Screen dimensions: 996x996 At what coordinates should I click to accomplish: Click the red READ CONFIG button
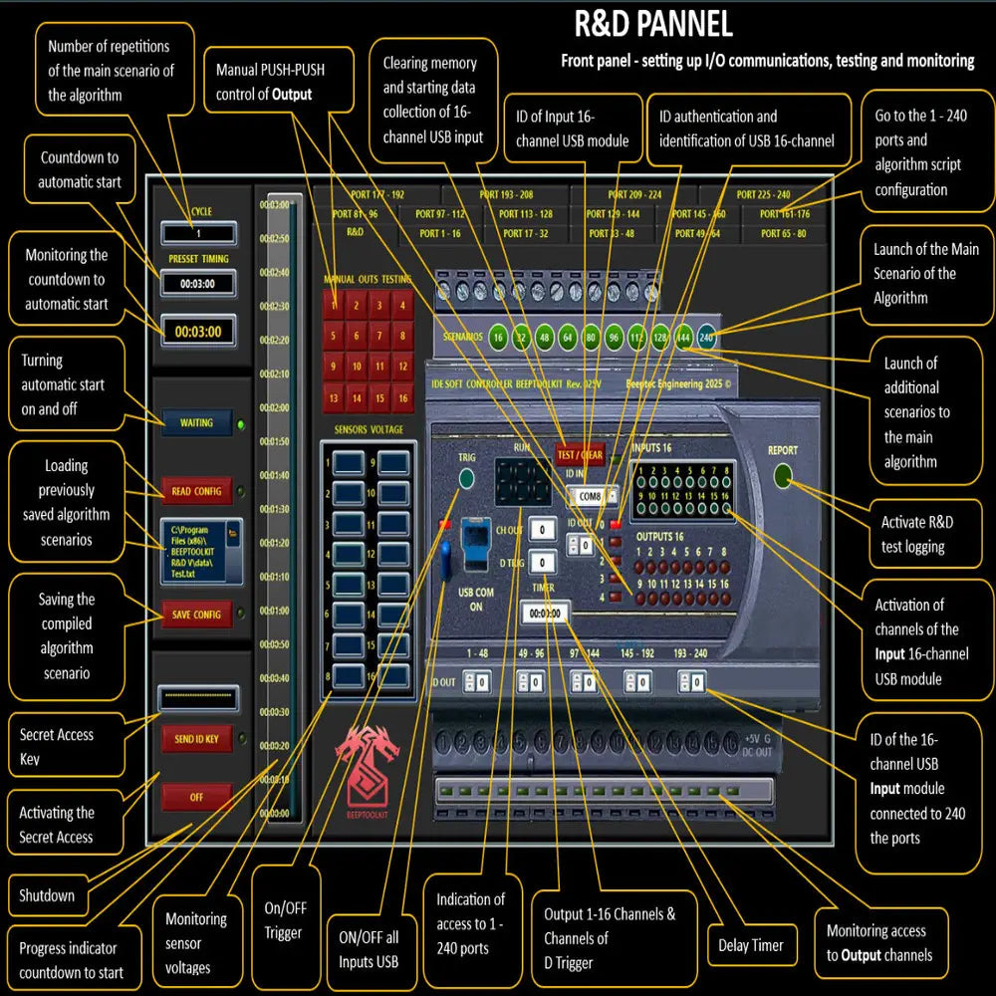click(196, 491)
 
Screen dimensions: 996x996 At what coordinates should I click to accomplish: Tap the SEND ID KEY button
click(196, 738)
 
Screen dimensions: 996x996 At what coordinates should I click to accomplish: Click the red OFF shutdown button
click(196, 797)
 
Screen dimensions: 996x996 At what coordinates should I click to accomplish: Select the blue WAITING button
click(196, 423)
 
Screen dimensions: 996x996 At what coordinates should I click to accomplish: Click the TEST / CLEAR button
click(579, 456)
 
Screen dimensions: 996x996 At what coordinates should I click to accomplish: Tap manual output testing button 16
click(401, 398)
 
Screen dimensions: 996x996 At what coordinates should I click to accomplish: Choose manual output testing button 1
click(334, 305)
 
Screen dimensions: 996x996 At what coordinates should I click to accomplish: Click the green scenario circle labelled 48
click(545, 338)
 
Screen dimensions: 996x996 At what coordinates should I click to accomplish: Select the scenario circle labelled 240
click(707, 338)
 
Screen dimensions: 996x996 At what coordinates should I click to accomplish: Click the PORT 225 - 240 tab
click(764, 195)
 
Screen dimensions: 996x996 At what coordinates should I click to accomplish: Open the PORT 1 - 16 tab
click(440, 234)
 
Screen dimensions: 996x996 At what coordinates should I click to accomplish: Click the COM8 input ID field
click(591, 495)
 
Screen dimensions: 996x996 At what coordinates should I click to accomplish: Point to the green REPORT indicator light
click(782, 477)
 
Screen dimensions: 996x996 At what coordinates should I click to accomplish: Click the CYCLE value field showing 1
click(199, 233)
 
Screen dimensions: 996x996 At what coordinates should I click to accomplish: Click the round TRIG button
click(466, 479)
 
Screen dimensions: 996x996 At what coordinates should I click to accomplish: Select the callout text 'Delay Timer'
click(751, 945)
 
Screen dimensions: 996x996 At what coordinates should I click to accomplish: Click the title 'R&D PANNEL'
click(652, 23)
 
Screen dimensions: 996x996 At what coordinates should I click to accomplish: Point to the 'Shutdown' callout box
click(47, 895)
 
